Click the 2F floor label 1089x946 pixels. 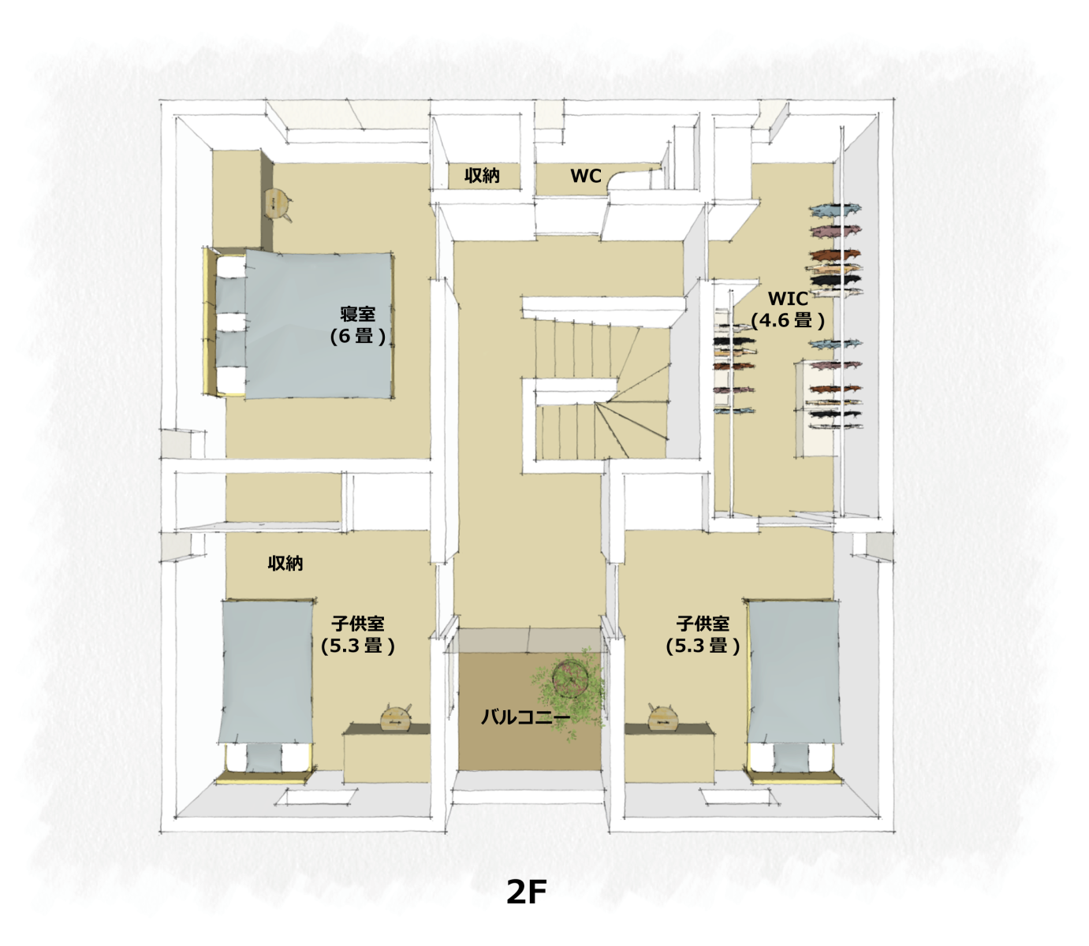pos(526,892)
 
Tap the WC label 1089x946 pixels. pos(585,176)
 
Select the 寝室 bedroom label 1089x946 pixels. pos(358,314)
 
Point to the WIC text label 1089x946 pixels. pos(788,299)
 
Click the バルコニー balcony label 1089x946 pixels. pos(525,717)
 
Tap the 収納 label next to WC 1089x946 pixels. pos(482,175)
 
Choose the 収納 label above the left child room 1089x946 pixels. pos(285,563)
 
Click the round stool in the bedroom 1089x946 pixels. pos(278,205)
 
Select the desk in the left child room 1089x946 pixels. pos(386,753)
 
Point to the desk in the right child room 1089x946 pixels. pos(669,753)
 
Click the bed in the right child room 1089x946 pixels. pos(793,691)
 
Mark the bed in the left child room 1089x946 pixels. pos(266,691)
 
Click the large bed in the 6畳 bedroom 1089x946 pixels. pos(299,323)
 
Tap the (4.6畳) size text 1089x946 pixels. pos(788,320)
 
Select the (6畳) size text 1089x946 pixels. pos(358,337)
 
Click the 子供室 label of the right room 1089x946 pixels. pos(703,623)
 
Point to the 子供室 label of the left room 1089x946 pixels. pos(358,623)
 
